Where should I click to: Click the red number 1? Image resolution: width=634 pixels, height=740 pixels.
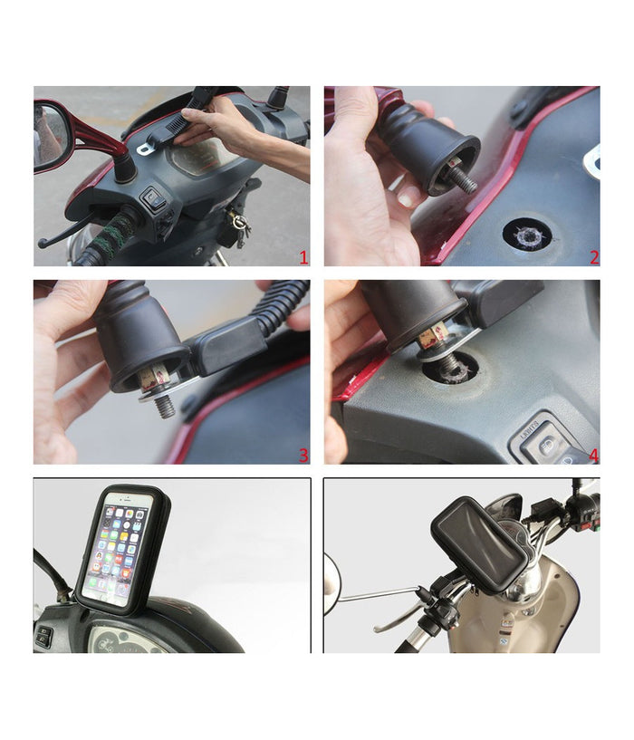point(303,257)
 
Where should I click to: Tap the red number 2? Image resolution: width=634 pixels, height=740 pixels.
point(593,257)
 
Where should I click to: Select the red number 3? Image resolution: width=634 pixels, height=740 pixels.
point(303,455)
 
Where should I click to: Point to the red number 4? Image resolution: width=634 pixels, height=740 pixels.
point(593,455)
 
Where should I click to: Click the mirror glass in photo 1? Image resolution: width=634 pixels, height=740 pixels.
point(51,136)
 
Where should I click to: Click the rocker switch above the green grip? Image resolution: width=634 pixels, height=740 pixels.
point(154,198)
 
